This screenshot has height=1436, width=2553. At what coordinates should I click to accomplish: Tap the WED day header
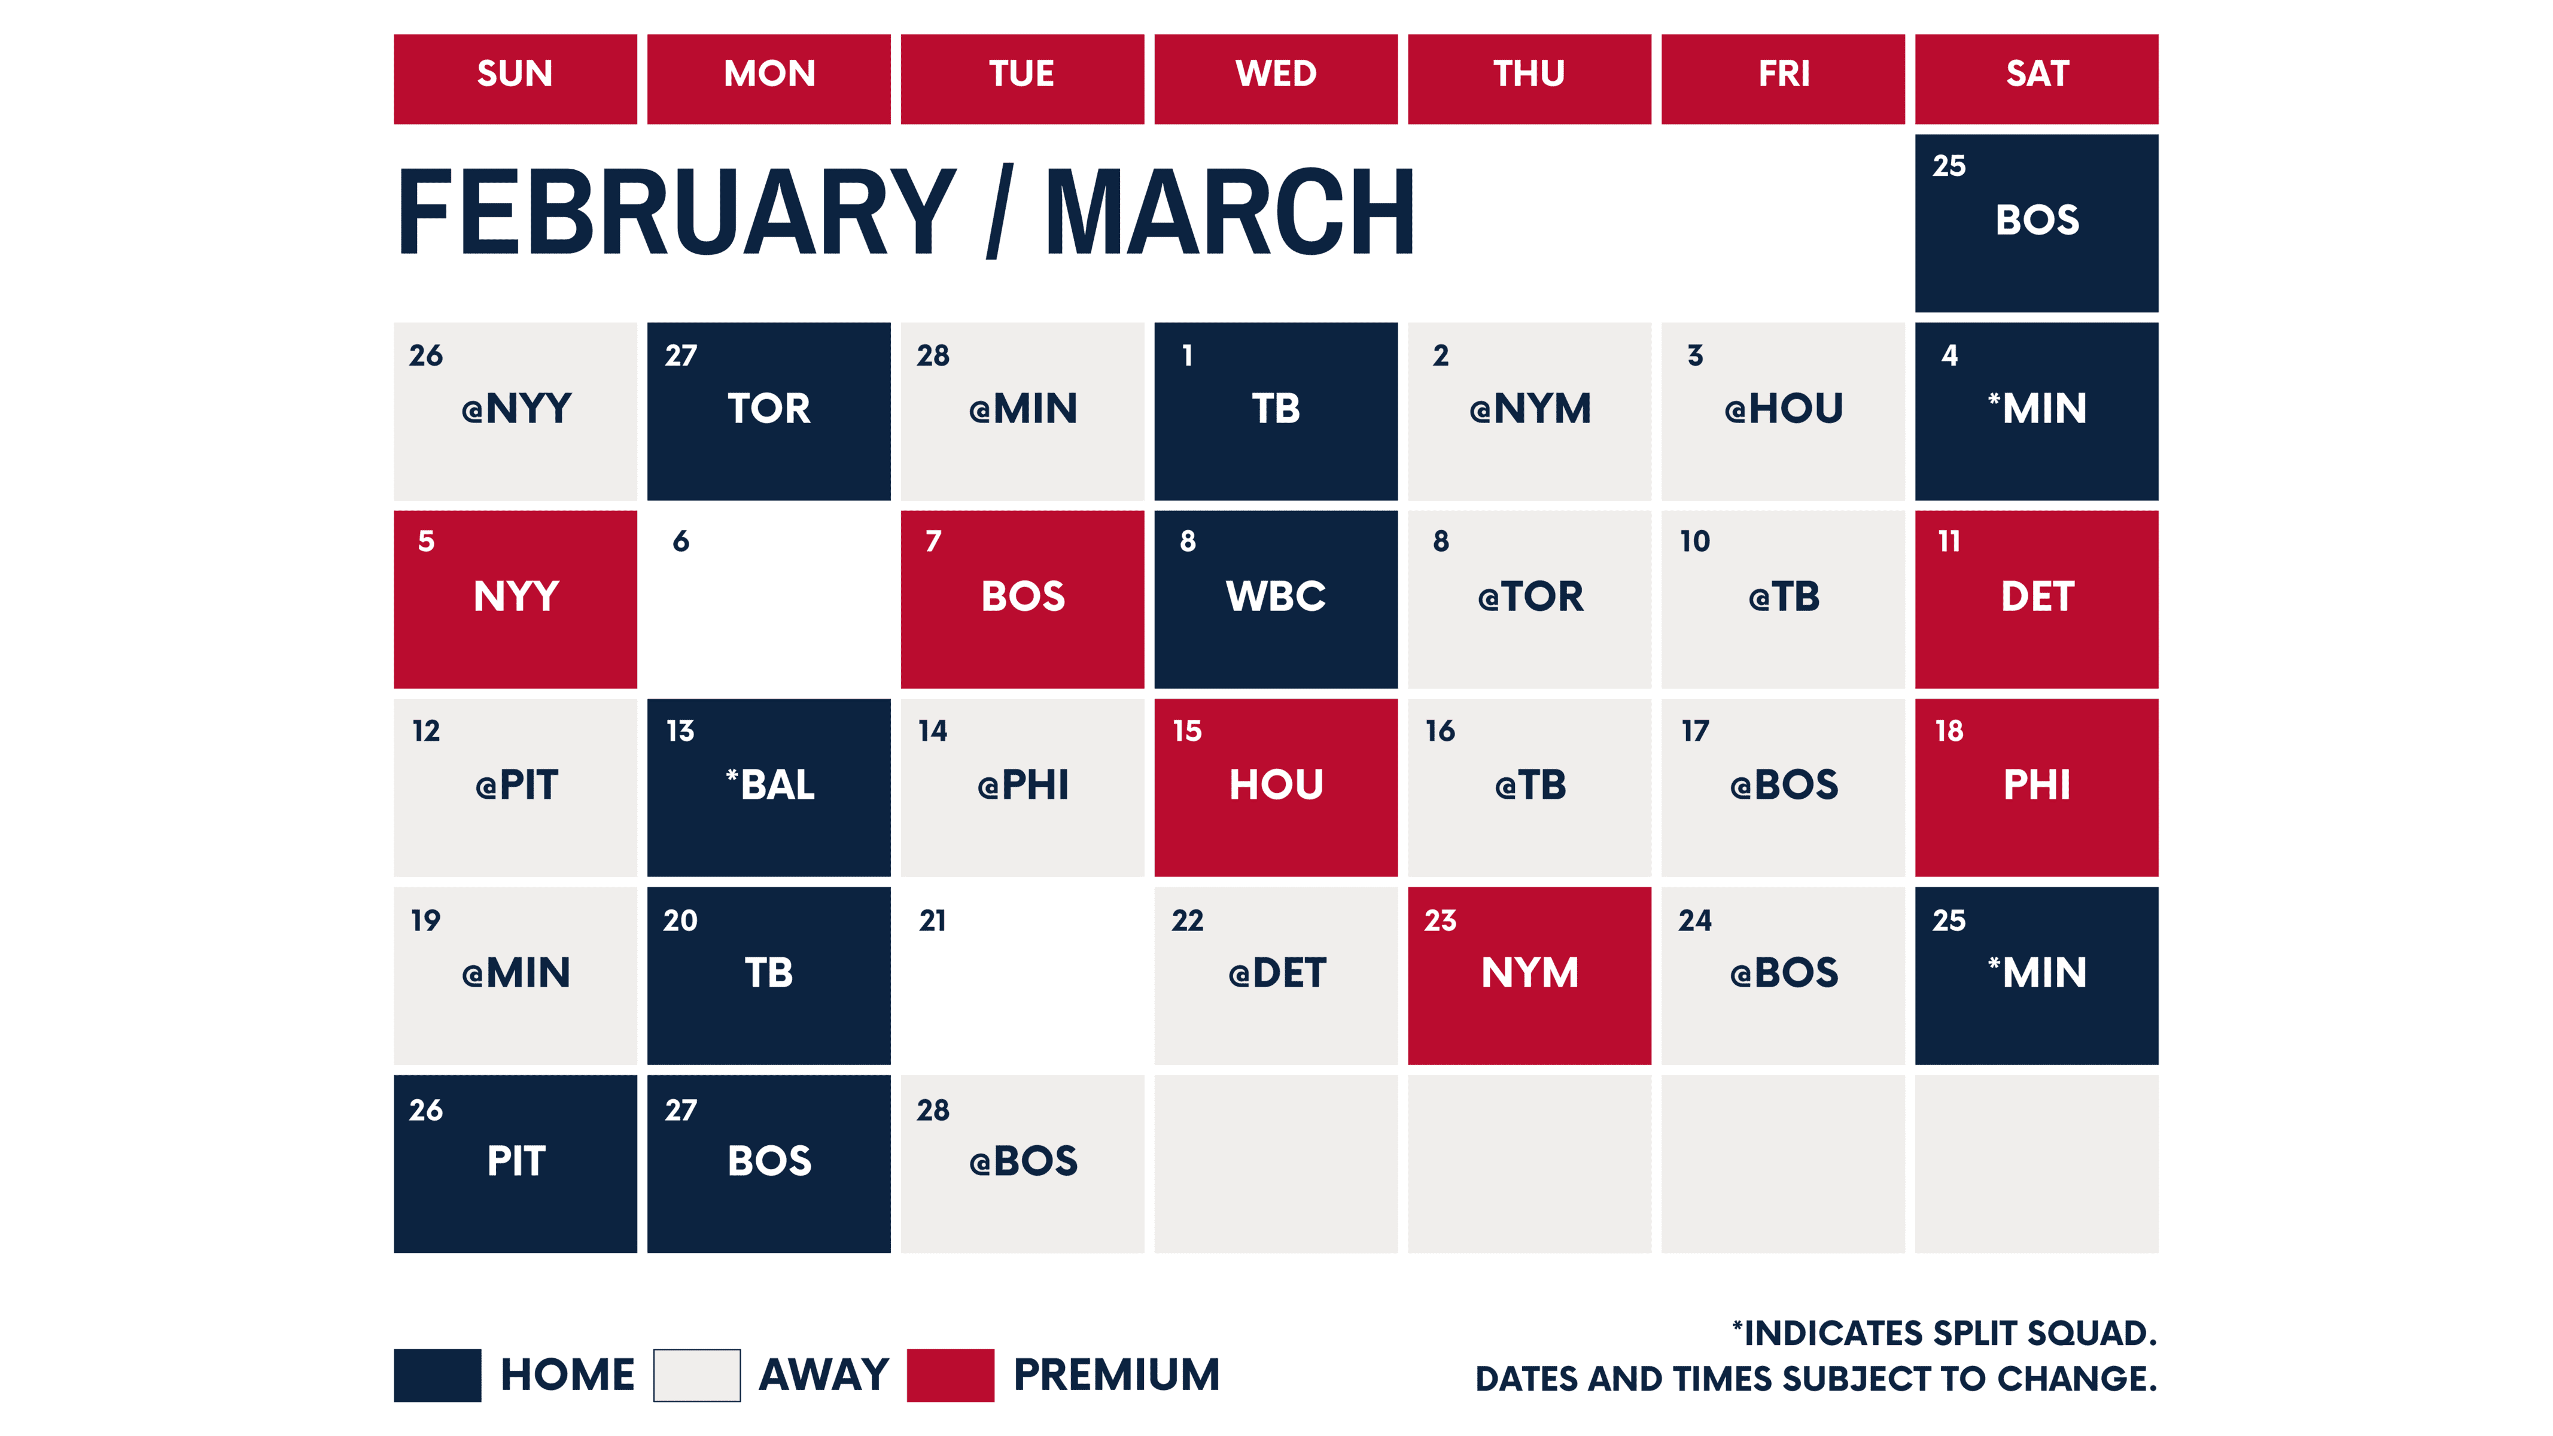click(x=1276, y=78)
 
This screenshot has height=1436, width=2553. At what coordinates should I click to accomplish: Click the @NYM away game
click(x=1529, y=410)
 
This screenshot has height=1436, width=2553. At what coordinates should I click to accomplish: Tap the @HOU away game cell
click(x=1783, y=410)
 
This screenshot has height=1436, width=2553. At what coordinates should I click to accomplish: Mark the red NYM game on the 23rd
click(x=1529, y=975)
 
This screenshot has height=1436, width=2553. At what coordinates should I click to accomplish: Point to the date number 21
click(x=933, y=921)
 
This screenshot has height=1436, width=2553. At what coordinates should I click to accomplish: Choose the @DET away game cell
click(x=1276, y=975)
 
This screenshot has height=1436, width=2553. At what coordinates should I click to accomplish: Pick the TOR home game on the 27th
click(x=768, y=410)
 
